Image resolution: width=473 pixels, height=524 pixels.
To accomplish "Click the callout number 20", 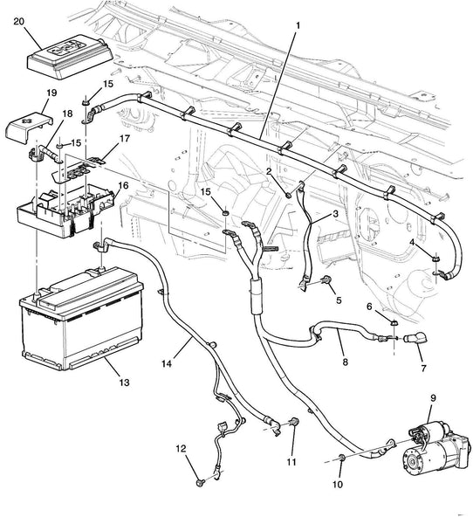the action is pos(18,21).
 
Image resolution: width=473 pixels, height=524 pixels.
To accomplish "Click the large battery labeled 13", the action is pos(81,318).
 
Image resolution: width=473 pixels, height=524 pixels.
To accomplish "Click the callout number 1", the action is pos(298,25).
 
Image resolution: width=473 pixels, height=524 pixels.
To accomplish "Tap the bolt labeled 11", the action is pos(294,422).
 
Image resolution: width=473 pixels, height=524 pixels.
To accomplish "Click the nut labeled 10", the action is pos(342,457).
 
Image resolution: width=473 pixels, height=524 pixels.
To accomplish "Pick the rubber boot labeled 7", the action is pos(415,338).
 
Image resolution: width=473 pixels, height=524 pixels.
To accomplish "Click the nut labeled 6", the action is pos(394,323).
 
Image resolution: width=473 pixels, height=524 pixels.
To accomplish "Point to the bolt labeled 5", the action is pos(326,279).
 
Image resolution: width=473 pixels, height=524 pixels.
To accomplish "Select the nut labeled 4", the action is pos(435,259).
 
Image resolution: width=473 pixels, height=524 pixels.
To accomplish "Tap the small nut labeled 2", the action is pos(288,194).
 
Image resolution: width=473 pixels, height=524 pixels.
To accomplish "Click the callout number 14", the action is pos(167,363).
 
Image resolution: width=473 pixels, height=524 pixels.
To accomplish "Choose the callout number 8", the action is pos(345,362).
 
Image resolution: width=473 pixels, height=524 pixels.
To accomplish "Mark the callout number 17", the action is pos(124,138).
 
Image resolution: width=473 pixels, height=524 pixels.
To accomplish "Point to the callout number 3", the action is pos(335,214).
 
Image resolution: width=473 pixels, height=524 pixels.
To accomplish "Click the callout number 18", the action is pos(67,114).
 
